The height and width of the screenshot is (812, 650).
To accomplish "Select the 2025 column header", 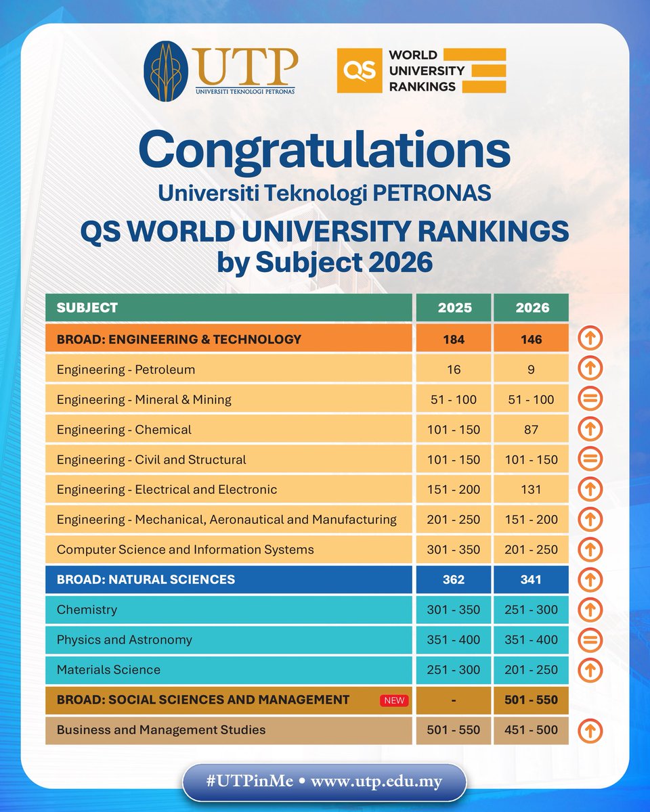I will pos(453,308).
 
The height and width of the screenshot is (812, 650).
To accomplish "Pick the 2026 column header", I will pos(531,308).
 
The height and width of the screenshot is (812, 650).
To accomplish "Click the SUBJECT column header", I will pos(87,308).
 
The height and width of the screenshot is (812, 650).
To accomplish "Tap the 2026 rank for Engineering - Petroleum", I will pos(531,369).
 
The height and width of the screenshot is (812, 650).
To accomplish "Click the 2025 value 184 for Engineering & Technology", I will pos(453,339).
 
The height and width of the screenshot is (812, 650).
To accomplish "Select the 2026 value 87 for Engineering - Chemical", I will pos(531,430).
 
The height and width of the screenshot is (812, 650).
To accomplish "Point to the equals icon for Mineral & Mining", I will pos(590,399).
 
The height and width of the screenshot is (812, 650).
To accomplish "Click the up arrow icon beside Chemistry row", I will pos(590,610).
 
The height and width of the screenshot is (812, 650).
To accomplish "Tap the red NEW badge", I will pos(394,700).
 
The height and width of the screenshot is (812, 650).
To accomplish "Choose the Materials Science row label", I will pos(108,670).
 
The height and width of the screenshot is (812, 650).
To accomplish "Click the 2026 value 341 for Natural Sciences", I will pos(531,579).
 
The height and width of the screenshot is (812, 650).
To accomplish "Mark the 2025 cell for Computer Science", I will pos(453,549).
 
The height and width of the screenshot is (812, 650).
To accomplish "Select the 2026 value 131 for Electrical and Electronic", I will pos(531,489).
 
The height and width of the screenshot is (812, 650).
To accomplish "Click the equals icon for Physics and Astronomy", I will pos(590,639).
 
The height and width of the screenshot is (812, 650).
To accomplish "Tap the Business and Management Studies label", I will pos(161,730).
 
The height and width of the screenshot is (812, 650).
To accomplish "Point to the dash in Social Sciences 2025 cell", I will pos(453,700).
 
